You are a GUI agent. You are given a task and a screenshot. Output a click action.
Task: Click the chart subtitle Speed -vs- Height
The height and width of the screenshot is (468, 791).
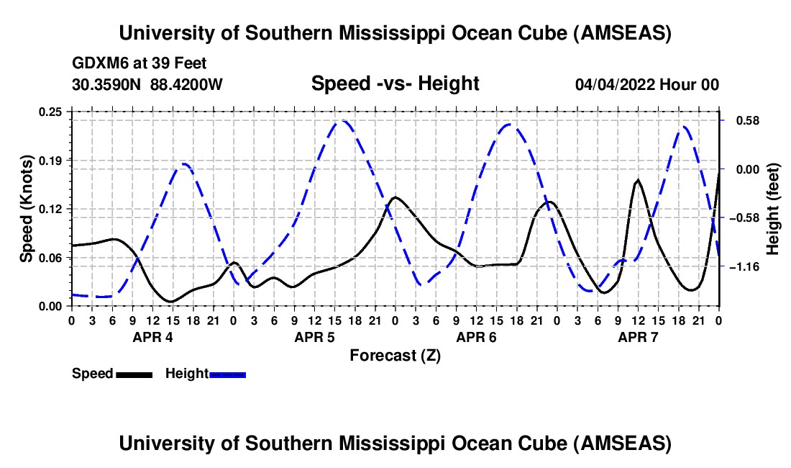pyautogui.click(x=395, y=84)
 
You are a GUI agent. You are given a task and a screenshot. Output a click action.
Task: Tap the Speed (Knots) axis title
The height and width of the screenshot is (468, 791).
pyautogui.click(x=27, y=208)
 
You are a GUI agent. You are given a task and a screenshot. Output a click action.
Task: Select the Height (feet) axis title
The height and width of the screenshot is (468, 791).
pyautogui.click(x=773, y=208)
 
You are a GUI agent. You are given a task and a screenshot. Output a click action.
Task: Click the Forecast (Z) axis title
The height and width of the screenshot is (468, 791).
pyautogui.click(x=395, y=355)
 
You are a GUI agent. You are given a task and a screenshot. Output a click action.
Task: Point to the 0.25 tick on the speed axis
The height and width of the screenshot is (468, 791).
pyautogui.click(x=51, y=112)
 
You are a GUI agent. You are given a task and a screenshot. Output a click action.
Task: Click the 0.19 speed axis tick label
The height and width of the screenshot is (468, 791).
pyautogui.click(x=51, y=160)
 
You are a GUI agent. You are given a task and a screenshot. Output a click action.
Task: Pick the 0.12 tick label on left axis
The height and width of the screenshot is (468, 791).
pyautogui.click(x=51, y=209)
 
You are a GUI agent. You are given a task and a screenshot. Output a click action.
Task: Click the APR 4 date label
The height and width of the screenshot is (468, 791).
pyautogui.click(x=152, y=336)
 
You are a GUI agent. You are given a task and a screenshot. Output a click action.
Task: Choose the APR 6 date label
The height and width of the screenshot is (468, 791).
pyautogui.click(x=475, y=336)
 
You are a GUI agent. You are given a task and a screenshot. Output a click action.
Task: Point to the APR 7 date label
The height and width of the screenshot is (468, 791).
pyautogui.click(x=637, y=336)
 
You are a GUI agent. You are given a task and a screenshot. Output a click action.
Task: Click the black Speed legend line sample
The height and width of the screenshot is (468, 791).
pyautogui.click(x=134, y=374)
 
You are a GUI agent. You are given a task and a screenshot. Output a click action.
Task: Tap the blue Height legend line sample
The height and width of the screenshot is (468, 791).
pyautogui.click(x=228, y=374)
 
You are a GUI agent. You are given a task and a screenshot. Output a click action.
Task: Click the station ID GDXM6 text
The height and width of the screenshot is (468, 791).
pyautogui.click(x=97, y=63)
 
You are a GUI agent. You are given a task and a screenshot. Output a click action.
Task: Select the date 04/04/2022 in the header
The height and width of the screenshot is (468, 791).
pyautogui.click(x=617, y=84)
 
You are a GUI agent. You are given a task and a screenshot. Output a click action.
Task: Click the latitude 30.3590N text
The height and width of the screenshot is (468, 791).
pyautogui.click(x=107, y=84)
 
